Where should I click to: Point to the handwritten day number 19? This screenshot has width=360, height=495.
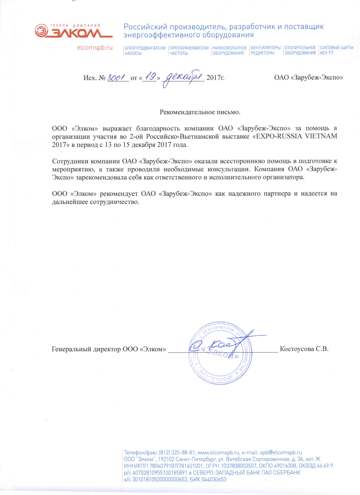[151, 77]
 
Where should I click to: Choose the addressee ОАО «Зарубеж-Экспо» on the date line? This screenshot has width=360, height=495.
[309, 78]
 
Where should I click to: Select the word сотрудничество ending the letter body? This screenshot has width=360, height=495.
[115, 201]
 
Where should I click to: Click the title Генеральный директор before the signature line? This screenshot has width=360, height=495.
[84, 349]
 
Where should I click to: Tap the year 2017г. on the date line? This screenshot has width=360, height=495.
[215, 78]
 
